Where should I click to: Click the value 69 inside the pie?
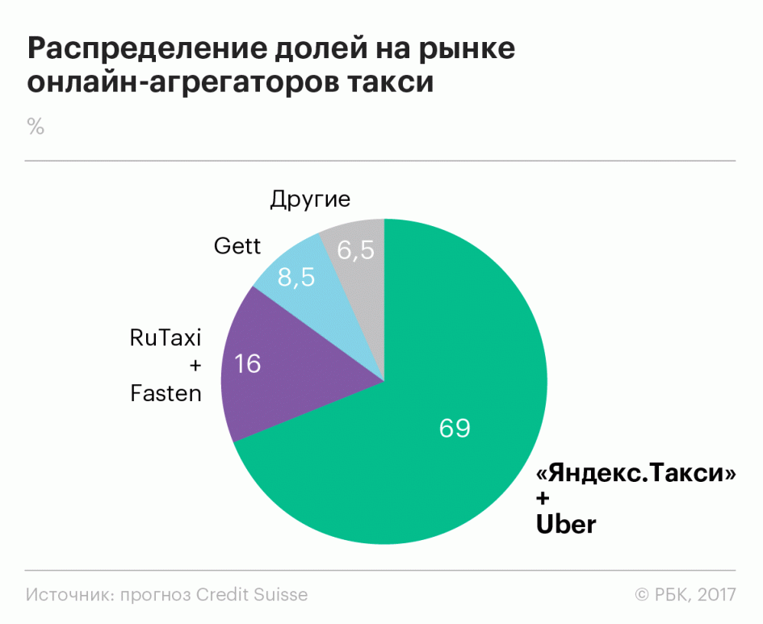[455, 428]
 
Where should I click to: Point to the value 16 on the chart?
[248, 365]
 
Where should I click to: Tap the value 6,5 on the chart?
[355, 251]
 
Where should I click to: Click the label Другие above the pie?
[311, 199]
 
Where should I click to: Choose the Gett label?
[237, 245]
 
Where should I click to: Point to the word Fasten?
[166, 394]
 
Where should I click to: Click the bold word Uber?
[566, 525]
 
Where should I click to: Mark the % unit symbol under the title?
[35, 126]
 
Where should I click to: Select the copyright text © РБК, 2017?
[685, 595]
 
